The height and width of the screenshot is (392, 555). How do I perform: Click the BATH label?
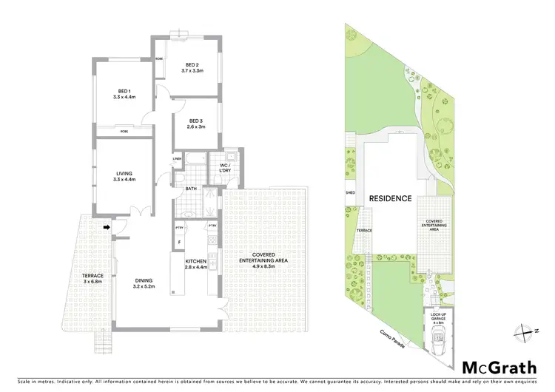coord(191,189)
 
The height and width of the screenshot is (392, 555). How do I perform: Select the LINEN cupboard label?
coord(177,158)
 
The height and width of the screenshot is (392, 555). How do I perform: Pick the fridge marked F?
coord(179,242)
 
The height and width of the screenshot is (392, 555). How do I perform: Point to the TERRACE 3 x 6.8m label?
coord(93,278)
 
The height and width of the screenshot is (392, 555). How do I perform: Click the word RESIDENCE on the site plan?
coord(390,198)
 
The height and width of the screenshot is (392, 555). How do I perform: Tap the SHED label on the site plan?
coord(350,194)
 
